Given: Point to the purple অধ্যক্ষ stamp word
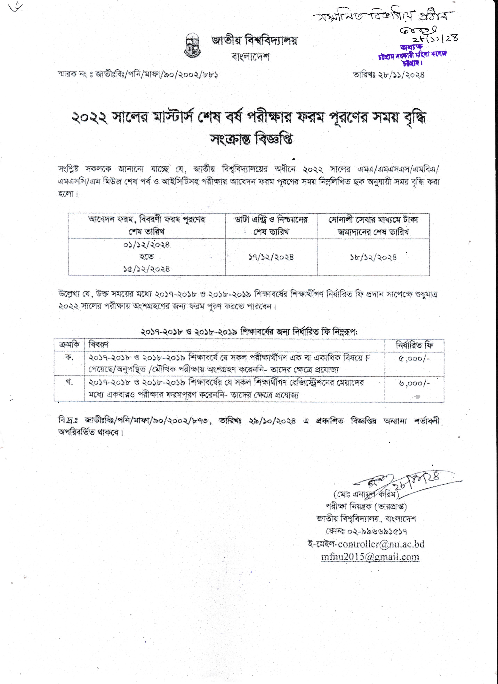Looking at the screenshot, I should pos(411,47).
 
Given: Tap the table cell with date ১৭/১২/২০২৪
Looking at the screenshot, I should pos(271,257).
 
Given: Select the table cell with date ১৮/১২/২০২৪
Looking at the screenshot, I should pos(373,257).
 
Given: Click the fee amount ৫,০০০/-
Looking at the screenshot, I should pos(414,358).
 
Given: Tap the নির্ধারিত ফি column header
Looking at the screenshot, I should pos(414,345).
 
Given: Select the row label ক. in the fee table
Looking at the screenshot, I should pos(69,358).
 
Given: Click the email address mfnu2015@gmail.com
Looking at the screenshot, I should pos(370,557).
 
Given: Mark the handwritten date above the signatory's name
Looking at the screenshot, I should pos(416,482).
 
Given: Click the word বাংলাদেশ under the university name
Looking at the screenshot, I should pos(250,57).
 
